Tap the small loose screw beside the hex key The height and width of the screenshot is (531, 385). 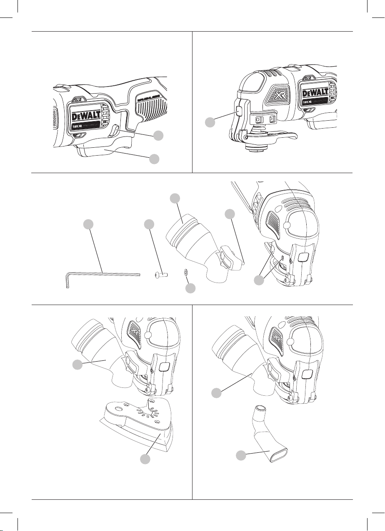click(x=158, y=274)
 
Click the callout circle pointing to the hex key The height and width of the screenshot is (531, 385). click(x=87, y=224)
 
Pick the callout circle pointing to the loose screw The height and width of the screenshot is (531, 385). click(x=148, y=224)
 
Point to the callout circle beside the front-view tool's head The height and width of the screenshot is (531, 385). click(x=210, y=122)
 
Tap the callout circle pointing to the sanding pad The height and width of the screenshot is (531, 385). click(x=145, y=459)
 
